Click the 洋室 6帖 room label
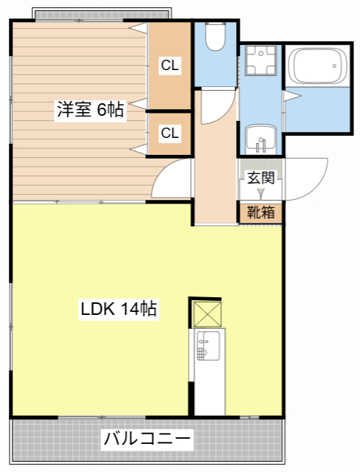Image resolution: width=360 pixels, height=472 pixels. click(90, 110)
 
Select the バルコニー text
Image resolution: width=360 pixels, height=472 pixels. click(148, 440)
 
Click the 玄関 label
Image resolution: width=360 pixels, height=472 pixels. click(260, 178)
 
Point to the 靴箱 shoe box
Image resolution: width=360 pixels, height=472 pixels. click(260, 212)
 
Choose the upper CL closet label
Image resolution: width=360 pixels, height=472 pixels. click(170, 66)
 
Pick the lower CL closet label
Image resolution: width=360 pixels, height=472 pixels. click(170, 133)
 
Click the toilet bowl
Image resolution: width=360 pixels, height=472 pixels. click(215, 38)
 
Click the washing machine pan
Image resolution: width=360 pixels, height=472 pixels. click(260, 62)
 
